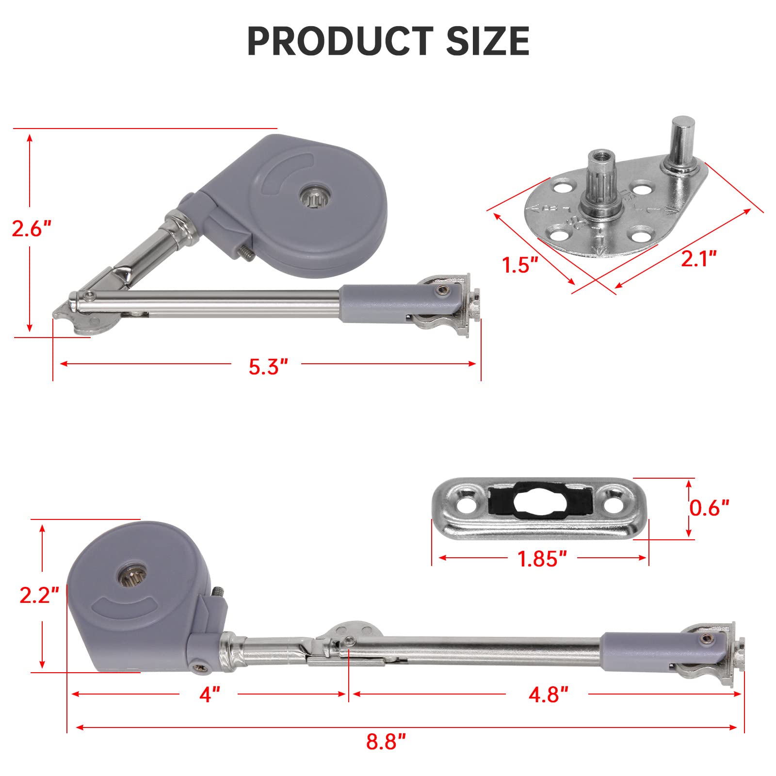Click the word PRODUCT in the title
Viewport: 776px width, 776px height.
[x=339, y=41]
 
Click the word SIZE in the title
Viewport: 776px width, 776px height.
[x=487, y=41]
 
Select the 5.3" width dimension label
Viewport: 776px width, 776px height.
[x=268, y=367]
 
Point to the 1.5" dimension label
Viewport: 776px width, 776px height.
[x=520, y=265]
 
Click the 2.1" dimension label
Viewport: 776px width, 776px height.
[x=698, y=259]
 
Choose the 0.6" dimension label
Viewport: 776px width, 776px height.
[x=709, y=508]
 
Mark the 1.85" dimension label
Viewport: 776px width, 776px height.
[x=542, y=559]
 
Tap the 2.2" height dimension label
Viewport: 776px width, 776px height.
[x=39, y=595]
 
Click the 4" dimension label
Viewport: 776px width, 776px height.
[x=210, y=695]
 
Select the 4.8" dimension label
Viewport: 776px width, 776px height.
[x=548, y=695]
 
